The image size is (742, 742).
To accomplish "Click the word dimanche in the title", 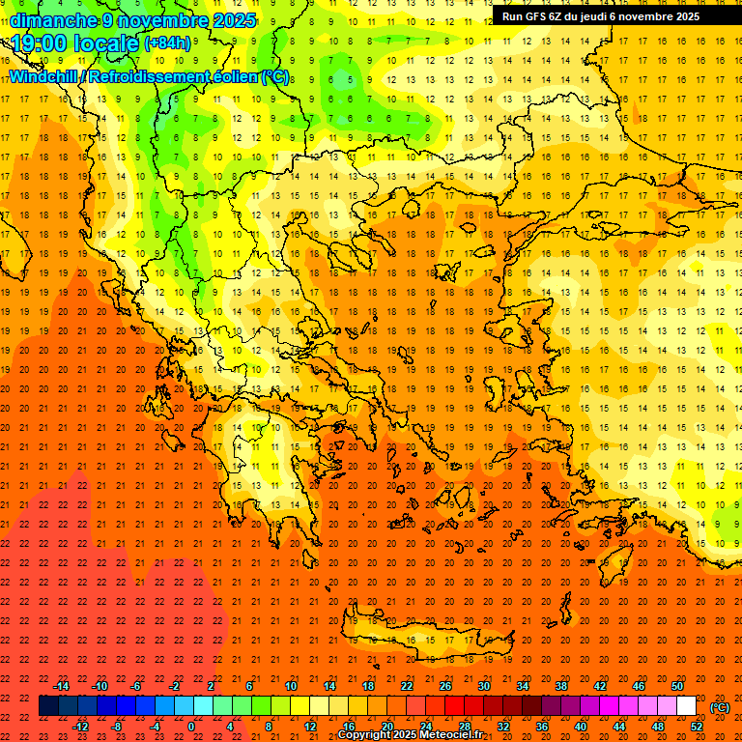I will coord(52,20).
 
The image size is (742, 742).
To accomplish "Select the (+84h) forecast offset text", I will coord(167,43).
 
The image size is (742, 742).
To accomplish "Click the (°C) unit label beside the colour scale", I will coord(720,707).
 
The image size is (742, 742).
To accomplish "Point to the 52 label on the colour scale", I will coord(697,727).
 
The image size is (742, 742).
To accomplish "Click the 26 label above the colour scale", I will coord(445,686).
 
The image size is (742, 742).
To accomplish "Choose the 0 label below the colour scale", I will coord(191,727).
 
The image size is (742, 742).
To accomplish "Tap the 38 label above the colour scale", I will coord(561,686).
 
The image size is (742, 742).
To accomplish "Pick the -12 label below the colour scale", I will coord(80,727).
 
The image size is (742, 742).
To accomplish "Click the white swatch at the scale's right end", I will coord(687,706).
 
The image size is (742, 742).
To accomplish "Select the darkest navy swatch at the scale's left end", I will coord(48,706).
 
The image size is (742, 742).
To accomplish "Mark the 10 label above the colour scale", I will coord(291,686).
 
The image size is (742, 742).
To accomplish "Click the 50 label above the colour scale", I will coord(677,686).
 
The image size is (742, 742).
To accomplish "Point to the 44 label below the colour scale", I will coord(619,727).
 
